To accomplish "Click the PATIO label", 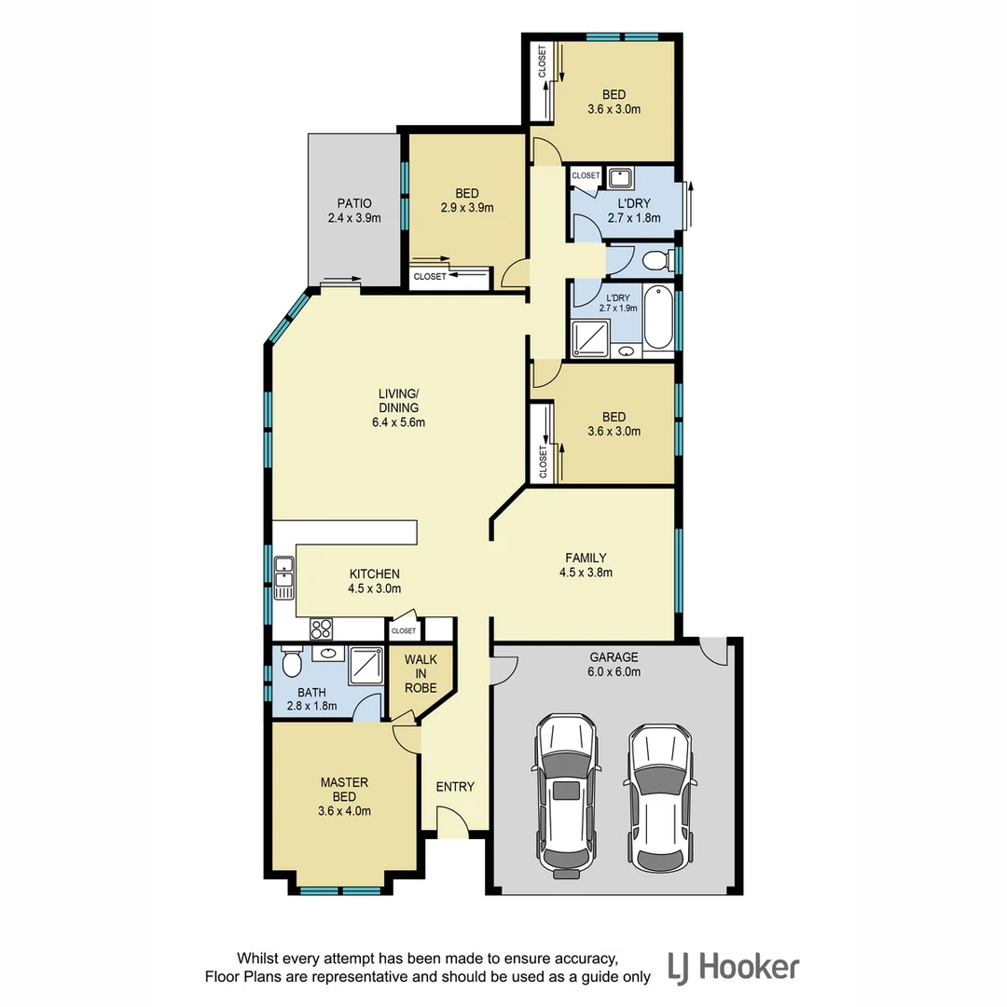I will click(x=354, y=203).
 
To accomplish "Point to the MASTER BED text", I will click(x=345, y=782).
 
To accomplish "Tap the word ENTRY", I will click(x=455, y=787).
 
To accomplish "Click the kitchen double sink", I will click(x=283, y=575).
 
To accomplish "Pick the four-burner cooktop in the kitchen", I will click(x=322, y=629).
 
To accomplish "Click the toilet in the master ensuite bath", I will click(x=291, y=663).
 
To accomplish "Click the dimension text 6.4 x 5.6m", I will click(x=397, y=422).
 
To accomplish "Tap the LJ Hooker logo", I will click(x=732, y=967).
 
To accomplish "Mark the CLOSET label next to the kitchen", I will click(x=404, y=631).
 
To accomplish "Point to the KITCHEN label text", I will click(x=374, y=573).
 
